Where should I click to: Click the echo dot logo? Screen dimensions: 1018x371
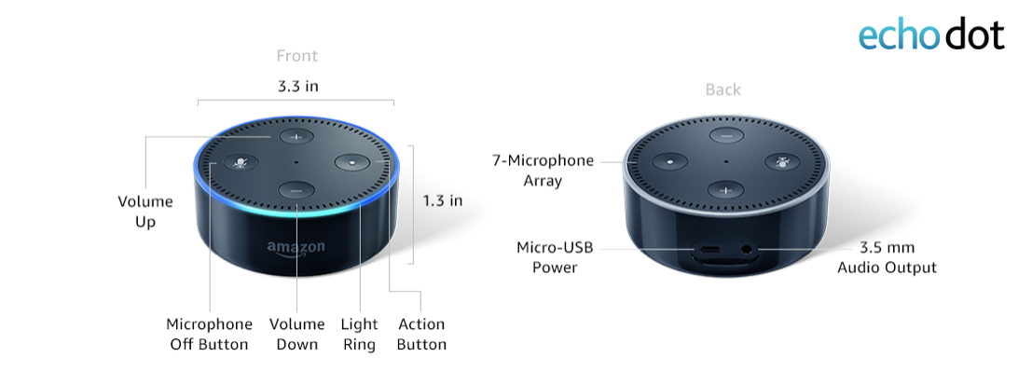click(x=930, y=34)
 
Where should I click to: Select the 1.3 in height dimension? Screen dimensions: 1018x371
click(x=442, y=200)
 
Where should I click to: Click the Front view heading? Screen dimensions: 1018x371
click(x=297, y=56)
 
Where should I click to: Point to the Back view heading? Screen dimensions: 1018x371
click(x=722, y=89)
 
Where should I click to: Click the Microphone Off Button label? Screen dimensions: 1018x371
click(x=209, y=335)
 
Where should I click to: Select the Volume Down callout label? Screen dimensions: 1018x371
click(x=296, y=335)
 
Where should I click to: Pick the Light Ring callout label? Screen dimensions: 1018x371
click(x=359, y=335)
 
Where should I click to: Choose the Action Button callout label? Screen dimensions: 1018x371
click(x=421, y=335)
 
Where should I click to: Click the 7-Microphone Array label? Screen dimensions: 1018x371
click(x=543, y=171)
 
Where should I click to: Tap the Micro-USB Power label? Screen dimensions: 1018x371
click(x=555, y=257)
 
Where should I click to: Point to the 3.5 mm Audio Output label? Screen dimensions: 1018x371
click(x=887, y=257)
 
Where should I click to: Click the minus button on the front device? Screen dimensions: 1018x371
click(x=296, y=189)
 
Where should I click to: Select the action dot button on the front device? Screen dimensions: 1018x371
click(x=353, y=161)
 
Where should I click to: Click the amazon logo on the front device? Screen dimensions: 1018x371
click(x=296, y=248)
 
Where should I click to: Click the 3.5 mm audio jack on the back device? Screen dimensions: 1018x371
click(x=746, y=250)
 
